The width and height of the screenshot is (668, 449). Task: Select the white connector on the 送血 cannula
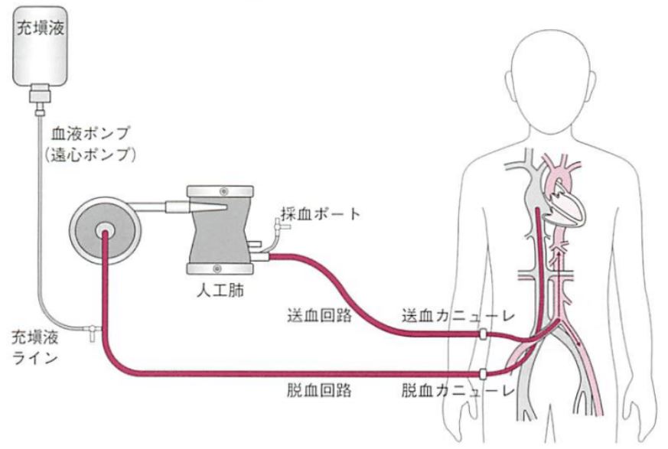[483, 334]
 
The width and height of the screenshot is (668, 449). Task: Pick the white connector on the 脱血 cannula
[483, 373]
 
